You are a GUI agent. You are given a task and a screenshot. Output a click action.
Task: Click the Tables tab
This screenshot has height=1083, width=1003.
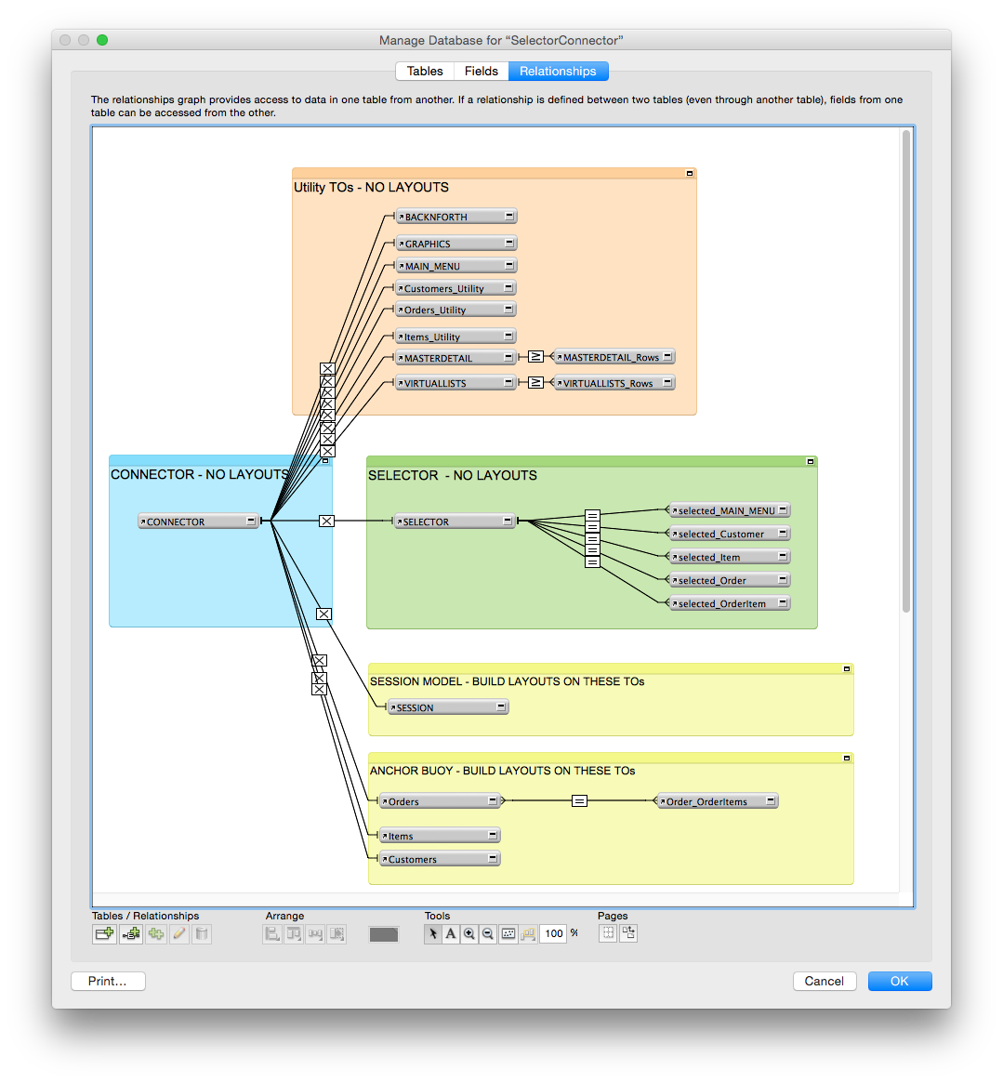(424, 72)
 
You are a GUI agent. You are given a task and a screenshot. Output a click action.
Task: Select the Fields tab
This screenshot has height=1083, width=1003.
(481, 72)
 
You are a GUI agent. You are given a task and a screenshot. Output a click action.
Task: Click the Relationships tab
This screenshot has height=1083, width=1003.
(558, 72)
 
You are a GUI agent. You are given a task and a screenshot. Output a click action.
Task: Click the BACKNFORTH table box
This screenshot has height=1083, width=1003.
(455, 217)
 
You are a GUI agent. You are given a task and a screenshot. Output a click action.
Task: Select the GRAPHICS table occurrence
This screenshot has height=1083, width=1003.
(455, 244)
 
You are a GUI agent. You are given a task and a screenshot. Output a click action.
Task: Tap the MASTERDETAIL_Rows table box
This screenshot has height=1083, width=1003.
(614, 357)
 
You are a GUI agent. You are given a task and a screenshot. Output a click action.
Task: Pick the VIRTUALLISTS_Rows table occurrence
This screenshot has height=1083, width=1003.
(614, 383)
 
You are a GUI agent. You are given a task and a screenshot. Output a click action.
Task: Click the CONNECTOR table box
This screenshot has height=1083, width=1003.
(198, 522)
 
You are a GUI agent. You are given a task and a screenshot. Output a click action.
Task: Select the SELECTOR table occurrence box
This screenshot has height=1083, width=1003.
(455, 522)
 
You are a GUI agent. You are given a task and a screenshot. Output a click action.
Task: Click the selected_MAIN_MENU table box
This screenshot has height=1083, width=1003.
(730, 510)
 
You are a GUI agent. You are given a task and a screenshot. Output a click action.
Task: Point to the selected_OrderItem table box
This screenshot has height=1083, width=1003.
(730, 603)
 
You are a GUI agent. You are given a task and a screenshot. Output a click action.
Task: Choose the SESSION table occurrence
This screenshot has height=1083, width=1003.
(448, 707)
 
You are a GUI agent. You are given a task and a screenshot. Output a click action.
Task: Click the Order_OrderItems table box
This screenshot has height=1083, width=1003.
(717, 801)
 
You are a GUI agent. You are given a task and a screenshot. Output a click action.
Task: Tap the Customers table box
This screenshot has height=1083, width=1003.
(440, 859)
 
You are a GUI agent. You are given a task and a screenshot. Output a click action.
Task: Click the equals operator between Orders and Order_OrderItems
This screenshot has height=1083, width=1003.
(579, 801)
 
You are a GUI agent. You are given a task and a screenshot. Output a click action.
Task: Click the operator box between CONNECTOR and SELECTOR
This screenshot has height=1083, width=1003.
(326, 521)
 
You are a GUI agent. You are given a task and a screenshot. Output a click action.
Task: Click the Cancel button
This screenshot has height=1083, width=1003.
(825, 981)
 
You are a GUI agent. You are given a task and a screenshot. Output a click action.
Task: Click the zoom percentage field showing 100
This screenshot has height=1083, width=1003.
(553, 934)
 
